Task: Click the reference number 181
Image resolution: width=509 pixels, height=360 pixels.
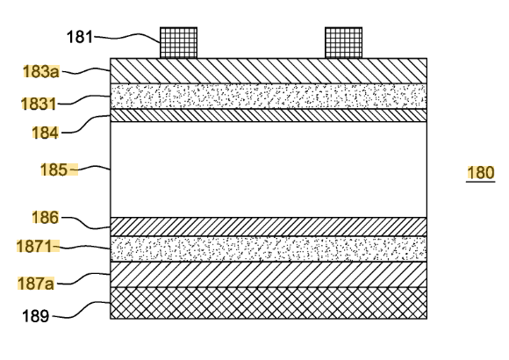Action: [x=80, y=37]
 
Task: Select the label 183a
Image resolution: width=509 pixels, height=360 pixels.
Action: [x=41, y=71]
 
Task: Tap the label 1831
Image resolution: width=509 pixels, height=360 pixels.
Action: [x=39, y=104]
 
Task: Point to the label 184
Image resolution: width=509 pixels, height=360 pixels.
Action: [x=45, y=133]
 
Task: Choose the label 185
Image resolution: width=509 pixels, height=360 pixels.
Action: [x=54, y=169]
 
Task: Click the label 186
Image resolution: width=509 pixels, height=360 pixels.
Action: [x=45, y=217]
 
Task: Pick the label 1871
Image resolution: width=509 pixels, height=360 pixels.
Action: [x=34, y=246]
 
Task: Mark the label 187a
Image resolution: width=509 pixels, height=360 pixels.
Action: [x=36, y=284]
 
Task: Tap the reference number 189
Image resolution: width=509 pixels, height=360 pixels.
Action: [x=36, y=316]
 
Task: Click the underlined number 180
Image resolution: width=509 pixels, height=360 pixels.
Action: [x=481, y=172]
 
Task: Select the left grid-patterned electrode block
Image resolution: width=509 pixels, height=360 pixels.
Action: [x=178, y=43]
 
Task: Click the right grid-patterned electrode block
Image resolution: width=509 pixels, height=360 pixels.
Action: [x=343, y=43]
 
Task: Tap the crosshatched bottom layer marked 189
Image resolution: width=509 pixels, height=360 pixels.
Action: [x=269, y=303]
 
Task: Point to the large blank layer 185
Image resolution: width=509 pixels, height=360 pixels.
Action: [x=269, y=169]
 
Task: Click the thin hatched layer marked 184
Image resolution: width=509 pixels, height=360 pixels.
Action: [x=269, y=115]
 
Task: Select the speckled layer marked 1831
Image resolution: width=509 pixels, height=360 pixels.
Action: [x=269, y=97]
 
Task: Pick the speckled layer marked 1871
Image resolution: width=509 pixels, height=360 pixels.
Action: [x=269, y=248]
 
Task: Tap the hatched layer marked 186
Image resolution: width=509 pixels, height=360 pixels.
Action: [x=269, y=227]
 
